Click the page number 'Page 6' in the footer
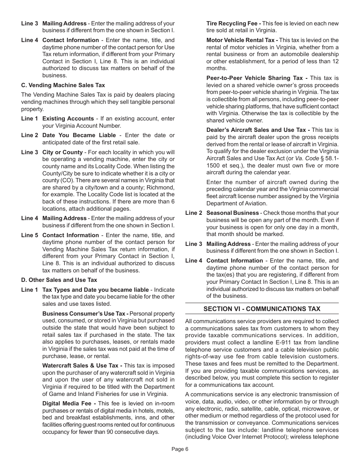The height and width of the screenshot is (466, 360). tap(180, 449)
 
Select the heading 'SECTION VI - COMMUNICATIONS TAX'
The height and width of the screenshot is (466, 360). tap(261, 309)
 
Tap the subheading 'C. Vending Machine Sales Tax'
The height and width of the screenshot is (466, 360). tap(63, 85)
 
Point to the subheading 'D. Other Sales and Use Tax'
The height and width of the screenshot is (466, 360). tap(59, 280)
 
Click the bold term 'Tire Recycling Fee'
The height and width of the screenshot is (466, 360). tap(233, 23)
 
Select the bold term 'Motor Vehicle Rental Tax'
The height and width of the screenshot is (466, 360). tap(242, 40)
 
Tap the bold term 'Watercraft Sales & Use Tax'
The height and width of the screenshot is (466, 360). tap(82, 366)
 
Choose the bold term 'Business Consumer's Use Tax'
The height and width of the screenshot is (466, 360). tap(85, 314)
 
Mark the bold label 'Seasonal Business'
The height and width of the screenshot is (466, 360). tap(232, 213)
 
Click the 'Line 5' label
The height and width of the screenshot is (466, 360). tap(30, 235)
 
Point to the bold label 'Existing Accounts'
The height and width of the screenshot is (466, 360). tap(68, 119)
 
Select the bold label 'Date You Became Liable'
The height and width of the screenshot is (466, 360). tap(79, 135)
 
